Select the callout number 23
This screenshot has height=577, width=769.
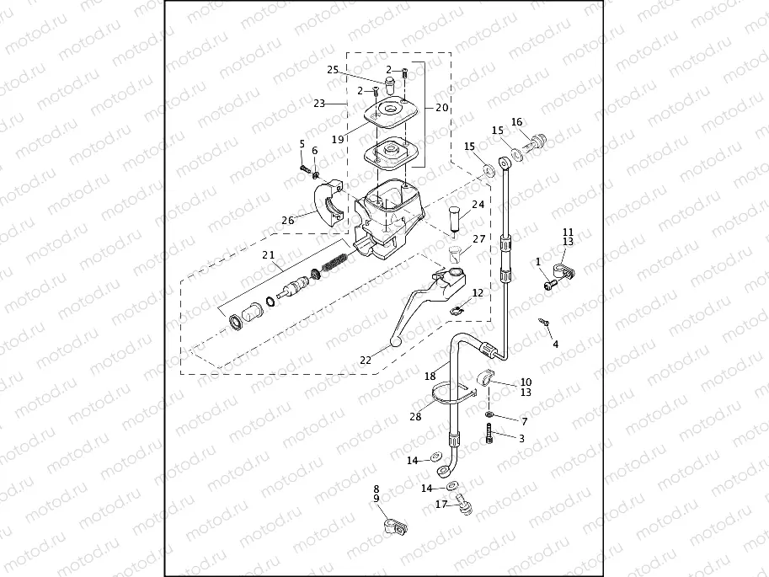[318, 104]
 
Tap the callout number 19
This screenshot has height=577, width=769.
[337, 140]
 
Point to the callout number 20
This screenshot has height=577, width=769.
[442, 108]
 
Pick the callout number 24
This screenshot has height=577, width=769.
[478, 205]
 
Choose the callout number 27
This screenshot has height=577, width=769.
[479, 239]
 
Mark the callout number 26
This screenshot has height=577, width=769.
[288, 221]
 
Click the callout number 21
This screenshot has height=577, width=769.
[269, 254]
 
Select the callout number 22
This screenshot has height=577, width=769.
[366, 360]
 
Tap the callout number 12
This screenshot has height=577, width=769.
[478, 293]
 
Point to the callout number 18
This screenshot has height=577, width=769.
[430, 376]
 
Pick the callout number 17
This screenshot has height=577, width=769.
[441, 505]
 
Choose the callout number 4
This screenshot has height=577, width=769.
[555, 345]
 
